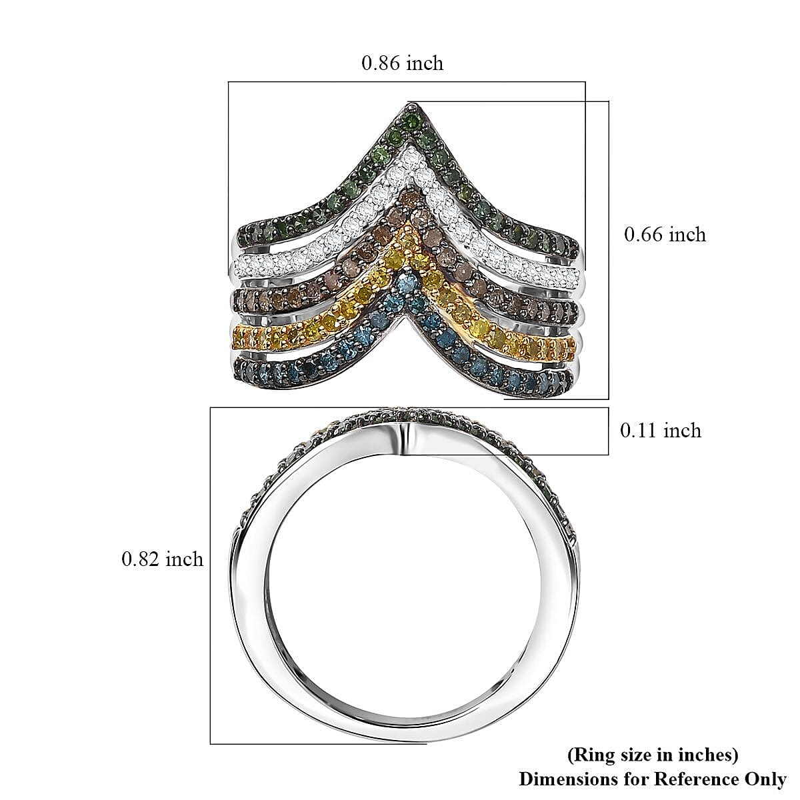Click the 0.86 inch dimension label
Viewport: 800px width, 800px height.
(x=402, y=63)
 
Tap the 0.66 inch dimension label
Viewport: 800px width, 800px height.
(x=665, y=235)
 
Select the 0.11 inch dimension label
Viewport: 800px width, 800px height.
(x=661, y=431)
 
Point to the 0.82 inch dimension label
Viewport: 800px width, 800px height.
(x=162, y=559)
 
